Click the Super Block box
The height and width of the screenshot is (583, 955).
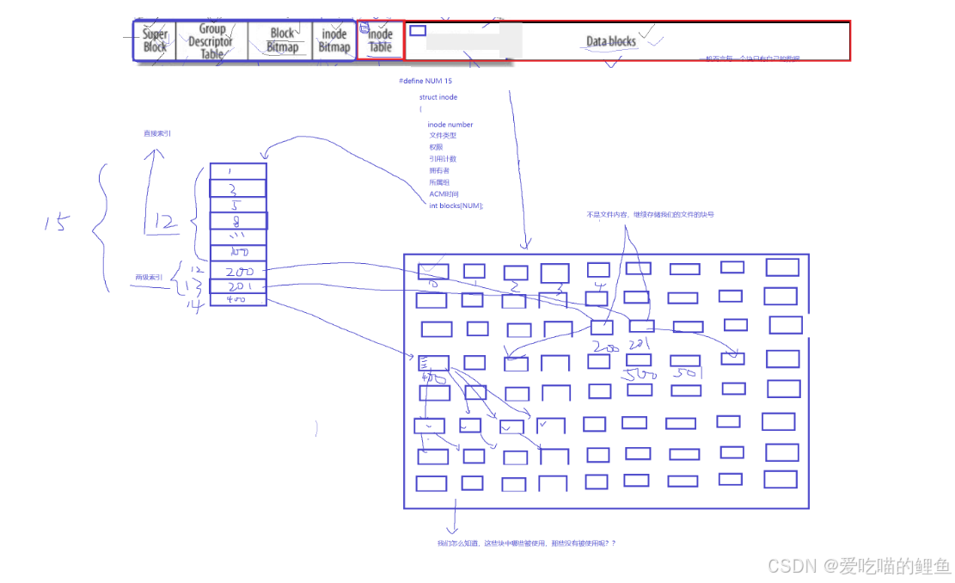pos(155,41)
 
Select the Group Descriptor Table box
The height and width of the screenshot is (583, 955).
pos(211,41)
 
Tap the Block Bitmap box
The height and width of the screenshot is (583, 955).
pos(282,40)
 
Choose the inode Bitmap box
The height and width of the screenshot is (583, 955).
pos(334,40)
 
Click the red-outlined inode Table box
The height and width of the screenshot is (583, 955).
pos(380,40)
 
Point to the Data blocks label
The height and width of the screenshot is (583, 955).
pos(611,41)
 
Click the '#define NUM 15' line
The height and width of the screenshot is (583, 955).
pos(425,81)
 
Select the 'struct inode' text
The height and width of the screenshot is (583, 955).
pos(438,97)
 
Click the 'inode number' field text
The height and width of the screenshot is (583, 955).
pos(450,125)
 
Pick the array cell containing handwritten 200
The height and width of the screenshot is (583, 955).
pos(238,270)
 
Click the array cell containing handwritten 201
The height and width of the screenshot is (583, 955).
pos(238,285)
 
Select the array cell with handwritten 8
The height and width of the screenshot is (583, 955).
pos(238,221)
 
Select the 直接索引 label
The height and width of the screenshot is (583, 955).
pos(157,133)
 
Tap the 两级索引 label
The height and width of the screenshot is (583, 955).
pos(149,278)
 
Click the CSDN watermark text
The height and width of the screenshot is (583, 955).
pos(859,566)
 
